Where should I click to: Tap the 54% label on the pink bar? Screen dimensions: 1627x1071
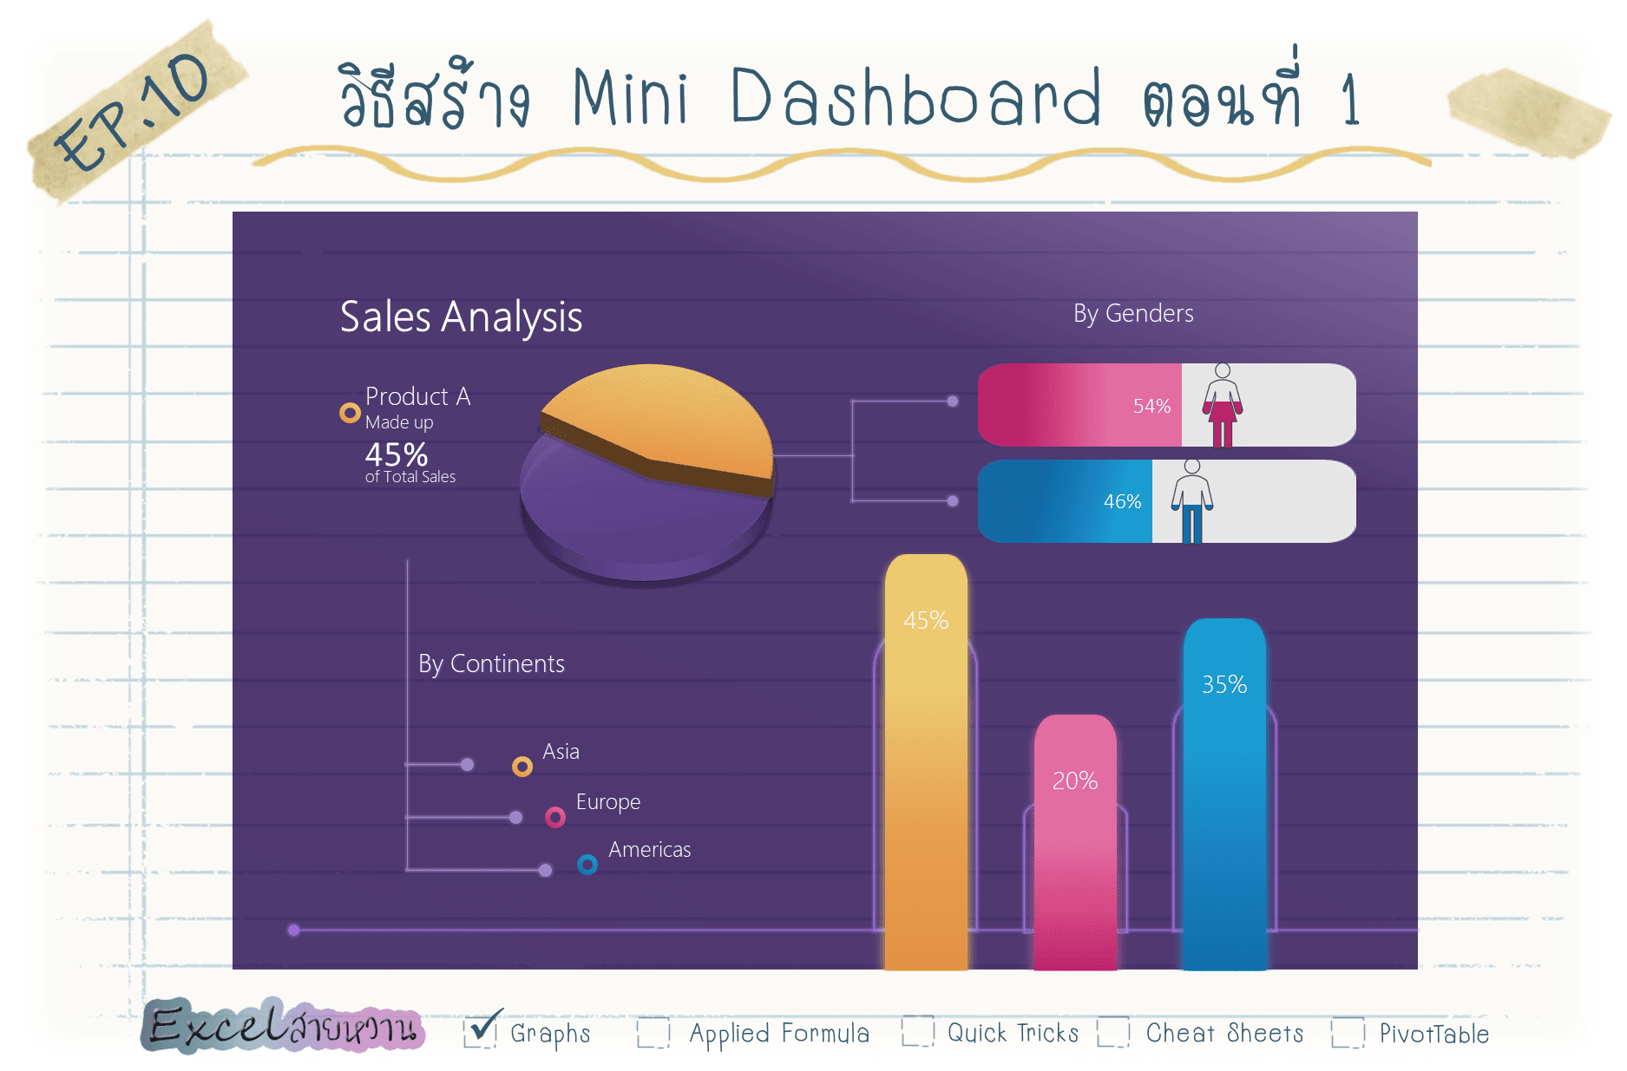pos(1151,406)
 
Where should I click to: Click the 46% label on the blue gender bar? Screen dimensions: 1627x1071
pos(1122,501)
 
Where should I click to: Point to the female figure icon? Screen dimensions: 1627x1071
pos(1222,406)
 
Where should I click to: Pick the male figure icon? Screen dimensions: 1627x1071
pos(1192,501)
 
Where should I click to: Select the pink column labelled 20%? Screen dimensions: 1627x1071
pos(1075,842)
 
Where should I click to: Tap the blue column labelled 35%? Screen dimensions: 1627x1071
pos(1224,793)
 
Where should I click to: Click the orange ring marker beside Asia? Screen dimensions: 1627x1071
pos(522,766)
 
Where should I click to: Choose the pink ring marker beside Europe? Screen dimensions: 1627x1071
pos(555,817)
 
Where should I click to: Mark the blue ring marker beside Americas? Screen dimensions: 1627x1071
pos(587,865)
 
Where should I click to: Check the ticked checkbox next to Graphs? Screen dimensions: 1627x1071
pos(480,1031)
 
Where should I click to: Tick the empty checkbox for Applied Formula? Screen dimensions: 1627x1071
pos(653,1032)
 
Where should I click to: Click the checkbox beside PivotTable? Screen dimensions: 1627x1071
pos(1348,1032)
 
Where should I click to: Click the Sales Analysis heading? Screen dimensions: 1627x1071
pos(461,317)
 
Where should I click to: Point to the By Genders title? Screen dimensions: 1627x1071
pos(1133,313)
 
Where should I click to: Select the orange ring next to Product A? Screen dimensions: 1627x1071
pos(350,413)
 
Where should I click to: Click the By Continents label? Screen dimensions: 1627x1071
pos(491,663)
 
